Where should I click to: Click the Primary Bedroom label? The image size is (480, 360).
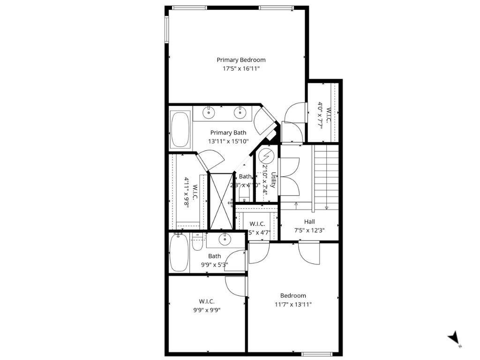241,60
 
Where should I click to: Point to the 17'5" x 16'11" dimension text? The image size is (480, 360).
241,68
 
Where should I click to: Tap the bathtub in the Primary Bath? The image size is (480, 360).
180,130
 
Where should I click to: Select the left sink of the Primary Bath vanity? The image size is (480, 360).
209,112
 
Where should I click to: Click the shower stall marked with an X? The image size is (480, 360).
221,201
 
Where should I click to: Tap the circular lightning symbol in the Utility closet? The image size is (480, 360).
266,156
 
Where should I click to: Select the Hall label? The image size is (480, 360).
309,222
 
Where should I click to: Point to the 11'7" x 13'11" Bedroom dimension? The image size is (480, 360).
293,304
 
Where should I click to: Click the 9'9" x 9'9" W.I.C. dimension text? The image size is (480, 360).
207,309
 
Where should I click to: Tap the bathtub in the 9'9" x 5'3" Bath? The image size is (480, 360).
179,253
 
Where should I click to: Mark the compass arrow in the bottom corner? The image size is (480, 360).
453,338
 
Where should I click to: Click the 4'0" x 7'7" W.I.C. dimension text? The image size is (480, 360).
321,115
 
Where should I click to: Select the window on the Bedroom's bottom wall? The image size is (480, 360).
316,353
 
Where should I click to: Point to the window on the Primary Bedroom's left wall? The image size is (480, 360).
166,30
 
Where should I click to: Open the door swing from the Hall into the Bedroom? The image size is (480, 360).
308,253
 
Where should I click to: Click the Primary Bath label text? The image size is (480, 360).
228,133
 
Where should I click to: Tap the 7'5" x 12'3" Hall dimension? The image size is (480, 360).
309,230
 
